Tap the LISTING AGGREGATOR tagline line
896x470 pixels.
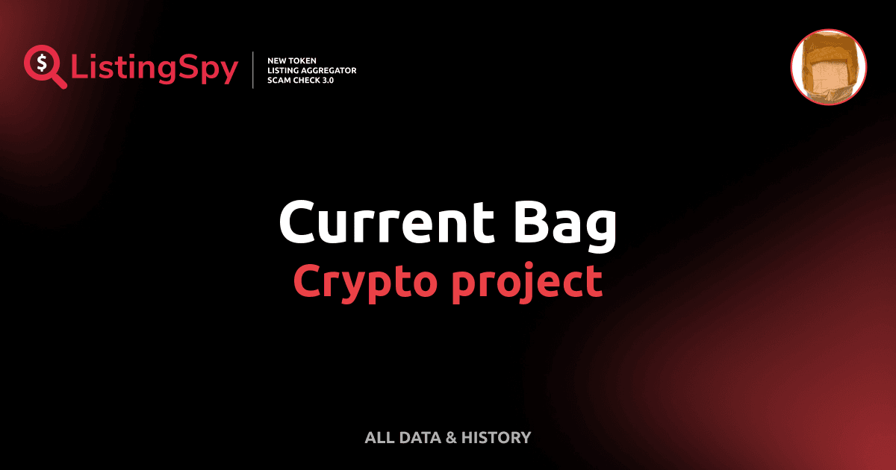[311, 70]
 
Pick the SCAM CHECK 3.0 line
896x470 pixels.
[300, 80]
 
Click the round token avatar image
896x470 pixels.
[828, 67]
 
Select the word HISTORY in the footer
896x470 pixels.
[496, 437]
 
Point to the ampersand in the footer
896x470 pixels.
[450, 437]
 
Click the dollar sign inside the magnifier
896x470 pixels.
[42, 62]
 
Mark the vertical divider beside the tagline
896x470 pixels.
[254, 69]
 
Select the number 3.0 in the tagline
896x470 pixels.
[327, 80]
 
